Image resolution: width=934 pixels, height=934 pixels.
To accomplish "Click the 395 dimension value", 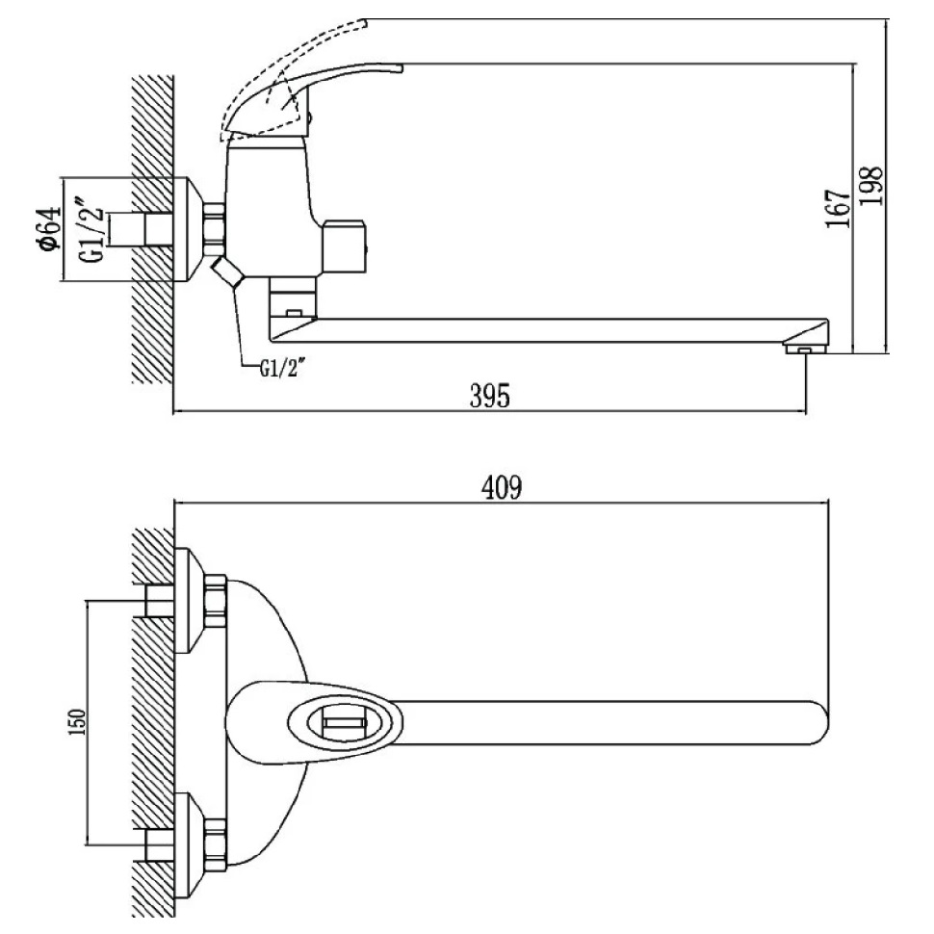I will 489,396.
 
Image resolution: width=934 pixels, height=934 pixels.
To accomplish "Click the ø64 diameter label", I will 47,229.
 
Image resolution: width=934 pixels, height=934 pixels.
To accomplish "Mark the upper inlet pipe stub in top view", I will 155,601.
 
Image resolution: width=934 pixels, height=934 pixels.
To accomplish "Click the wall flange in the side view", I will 189,229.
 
